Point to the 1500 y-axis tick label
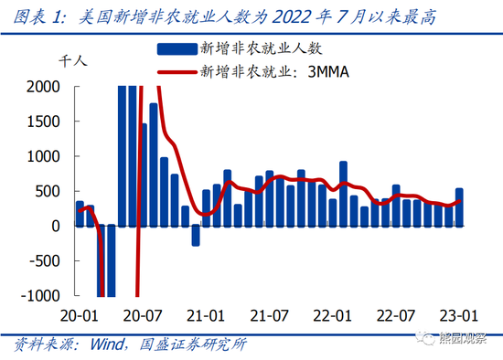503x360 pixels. tap(46, 122)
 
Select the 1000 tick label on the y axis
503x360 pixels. tap(46, 156)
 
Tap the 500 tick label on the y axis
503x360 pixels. tap(50, 191)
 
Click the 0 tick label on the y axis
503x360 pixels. tap(59, 226)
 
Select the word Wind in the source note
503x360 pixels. tap(106, 345)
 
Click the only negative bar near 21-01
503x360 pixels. tap(195, 236)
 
